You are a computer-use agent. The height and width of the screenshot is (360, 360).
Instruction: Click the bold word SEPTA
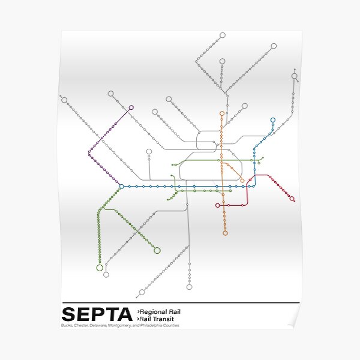[97, 314]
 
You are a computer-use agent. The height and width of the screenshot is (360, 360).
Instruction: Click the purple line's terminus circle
[131, 107]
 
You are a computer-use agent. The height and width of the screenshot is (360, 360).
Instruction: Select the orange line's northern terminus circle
[222, 113]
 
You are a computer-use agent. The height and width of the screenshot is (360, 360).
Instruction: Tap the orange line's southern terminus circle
[226, 233]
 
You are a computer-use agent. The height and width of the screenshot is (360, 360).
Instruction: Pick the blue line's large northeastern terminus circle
[273, 120]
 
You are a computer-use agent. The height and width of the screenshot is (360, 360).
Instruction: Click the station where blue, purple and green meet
[122, 187]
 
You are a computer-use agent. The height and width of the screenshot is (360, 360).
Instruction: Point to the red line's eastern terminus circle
[292, 199]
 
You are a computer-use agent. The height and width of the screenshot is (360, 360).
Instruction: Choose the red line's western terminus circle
[218, 205]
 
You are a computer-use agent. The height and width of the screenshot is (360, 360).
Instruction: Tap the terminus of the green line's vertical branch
[100, 268]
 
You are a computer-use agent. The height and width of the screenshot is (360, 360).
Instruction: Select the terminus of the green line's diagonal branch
[157, 250]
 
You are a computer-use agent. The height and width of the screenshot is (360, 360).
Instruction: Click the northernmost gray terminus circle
[223, 36]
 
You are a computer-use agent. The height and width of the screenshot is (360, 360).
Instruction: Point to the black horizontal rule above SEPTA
[180, 303]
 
